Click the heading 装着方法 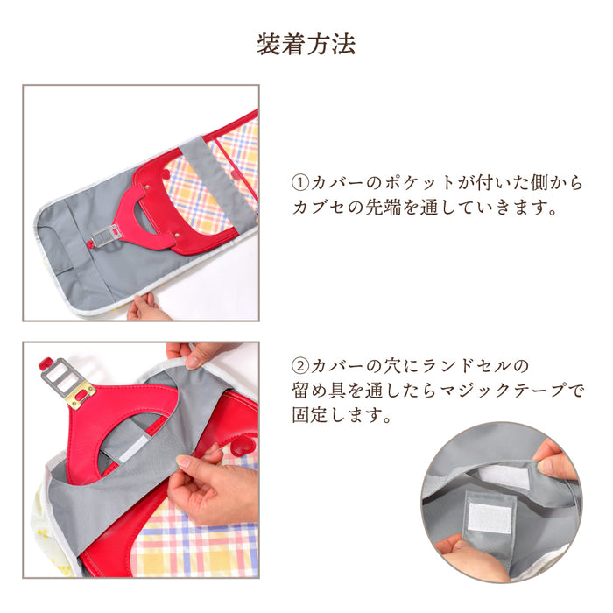(306, 45)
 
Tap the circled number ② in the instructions (299, 363)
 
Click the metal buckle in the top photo (108, 235)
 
